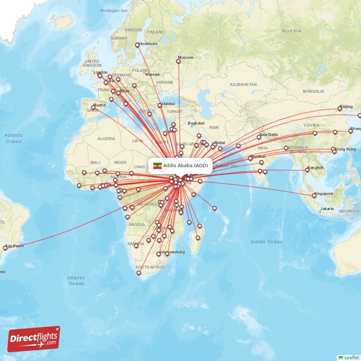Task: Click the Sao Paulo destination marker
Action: coord(5,247)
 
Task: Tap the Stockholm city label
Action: coord(149,44)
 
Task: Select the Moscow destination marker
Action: coord(178,61)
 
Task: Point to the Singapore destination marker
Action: coord(314,195)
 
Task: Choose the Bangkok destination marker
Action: coord(307,170)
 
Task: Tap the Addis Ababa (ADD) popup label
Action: coord(186,166)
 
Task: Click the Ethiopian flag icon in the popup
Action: coord(157,166)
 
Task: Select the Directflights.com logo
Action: coord(34,339)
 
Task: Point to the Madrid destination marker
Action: coord(93,107)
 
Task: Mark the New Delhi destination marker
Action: coord(259,137)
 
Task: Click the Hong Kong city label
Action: coord(345,149)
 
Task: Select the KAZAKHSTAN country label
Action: coord(243,84)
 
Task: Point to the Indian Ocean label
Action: coord(266,242)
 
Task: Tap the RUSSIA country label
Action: coord(292,31)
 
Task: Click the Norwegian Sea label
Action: coord(114,10)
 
